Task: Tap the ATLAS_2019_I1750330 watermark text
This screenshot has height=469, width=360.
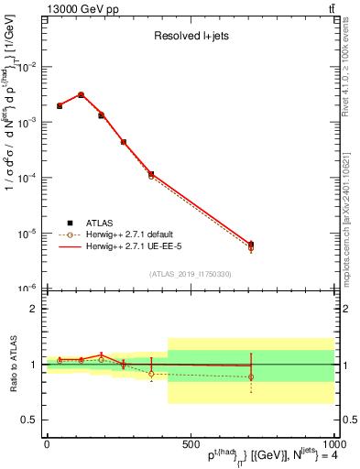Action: pos(190,274)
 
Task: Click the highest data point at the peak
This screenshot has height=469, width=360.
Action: pos(81,94)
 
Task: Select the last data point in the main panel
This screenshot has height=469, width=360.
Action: pos(251,245)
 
